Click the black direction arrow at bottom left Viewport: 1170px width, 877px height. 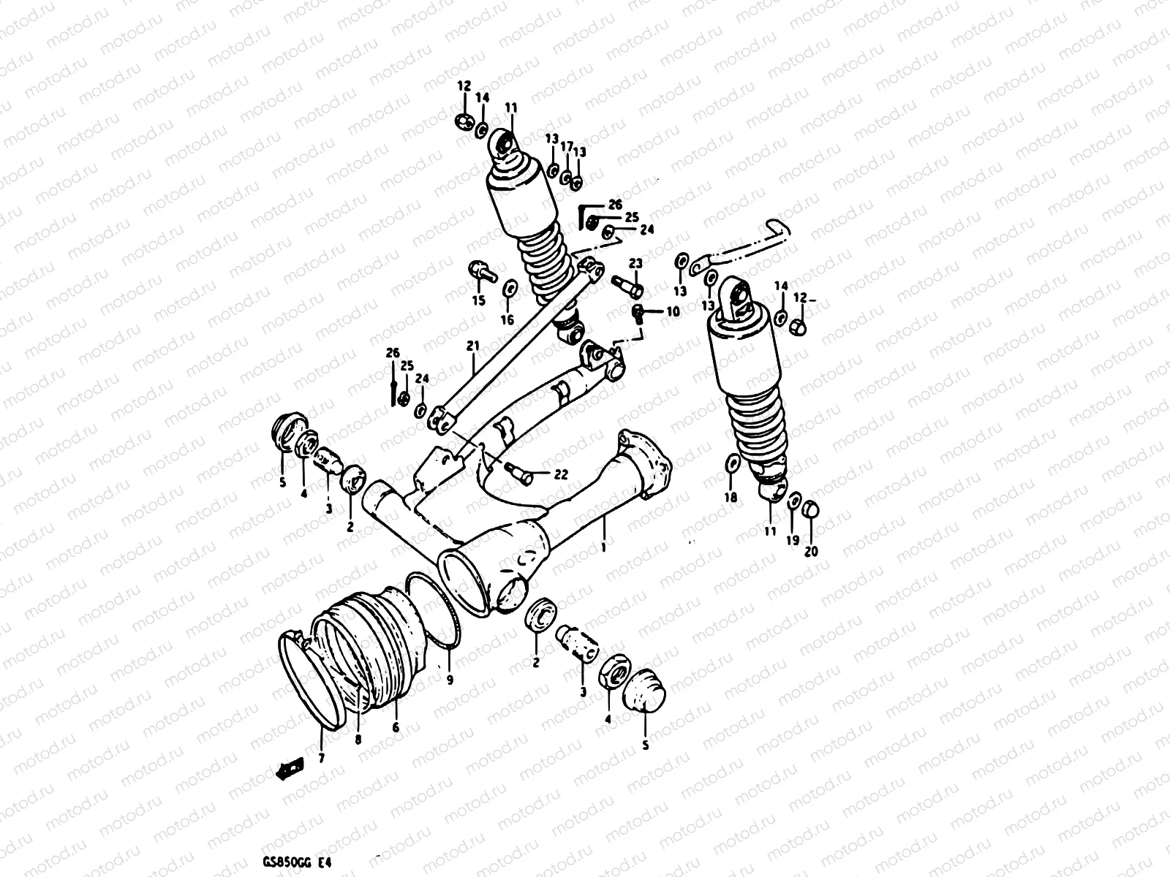pos(289,767)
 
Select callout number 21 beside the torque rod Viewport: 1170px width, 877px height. pos(473,346)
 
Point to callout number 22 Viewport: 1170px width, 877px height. pos(559,475)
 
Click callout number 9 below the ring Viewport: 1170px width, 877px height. pos(449,680)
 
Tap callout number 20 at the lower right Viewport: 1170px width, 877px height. pos(811,551)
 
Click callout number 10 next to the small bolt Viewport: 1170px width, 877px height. pos(672,311)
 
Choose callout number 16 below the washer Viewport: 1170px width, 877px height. pos(507,319)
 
